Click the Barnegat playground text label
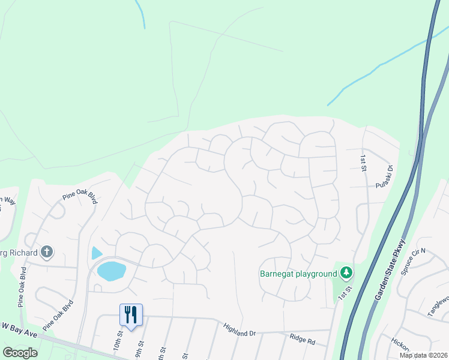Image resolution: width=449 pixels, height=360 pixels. coord(298,274)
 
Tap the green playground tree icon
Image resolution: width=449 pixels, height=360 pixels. coord(346,274)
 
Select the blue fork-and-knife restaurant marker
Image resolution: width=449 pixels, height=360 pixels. coord(131,315)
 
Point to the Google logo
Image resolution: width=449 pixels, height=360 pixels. coord(20,352)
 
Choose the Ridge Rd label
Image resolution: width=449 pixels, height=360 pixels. coord(302,340)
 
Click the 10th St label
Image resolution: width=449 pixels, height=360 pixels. coord(118,345)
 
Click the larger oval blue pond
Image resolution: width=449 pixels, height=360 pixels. coord(112,271)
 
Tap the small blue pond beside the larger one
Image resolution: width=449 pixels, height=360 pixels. coord(96,253)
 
